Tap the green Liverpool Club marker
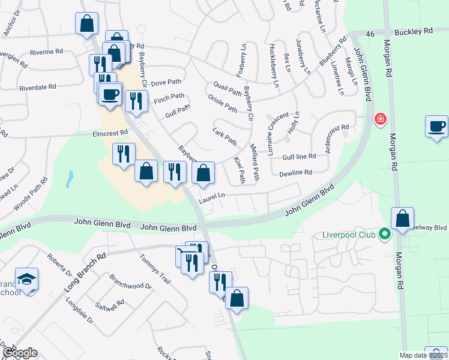pos(385,235)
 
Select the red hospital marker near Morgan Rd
pos(379,119)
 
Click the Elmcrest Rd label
pos(110,133)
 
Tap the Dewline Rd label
pos(295,173)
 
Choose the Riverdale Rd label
pos(37,87)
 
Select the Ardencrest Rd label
pos(337,139)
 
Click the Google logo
pos(20,353)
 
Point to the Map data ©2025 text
pos(423,356)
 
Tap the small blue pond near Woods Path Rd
pos(70,178)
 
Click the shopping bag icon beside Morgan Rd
pos(403,220)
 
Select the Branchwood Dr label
pos(130,282)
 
